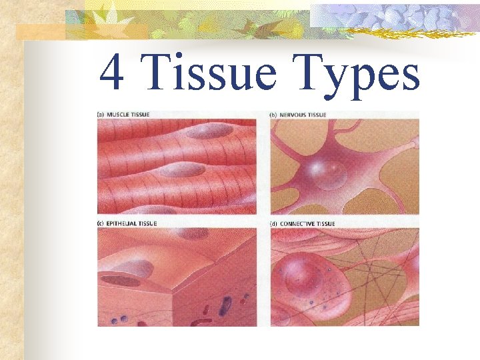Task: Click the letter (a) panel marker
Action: pyautogui.click(x=101, y=115)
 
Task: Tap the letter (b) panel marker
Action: pyautogui.click(x=273, y=115)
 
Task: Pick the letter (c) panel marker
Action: pyautogui.click(x=101, y=223)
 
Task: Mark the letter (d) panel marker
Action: pyautogui.click(x=273, y=223)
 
